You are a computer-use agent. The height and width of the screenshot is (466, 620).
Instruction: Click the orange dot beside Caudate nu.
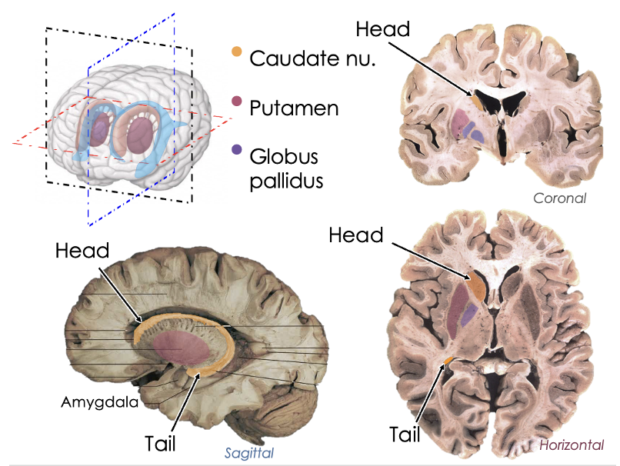[x=237, y=52]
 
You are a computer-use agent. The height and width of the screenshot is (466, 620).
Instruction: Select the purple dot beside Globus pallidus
[x=237, y=150]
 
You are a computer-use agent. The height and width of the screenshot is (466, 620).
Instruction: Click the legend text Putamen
[x=294, y=108]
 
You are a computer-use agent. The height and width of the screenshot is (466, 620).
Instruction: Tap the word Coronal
[x=560, y=198]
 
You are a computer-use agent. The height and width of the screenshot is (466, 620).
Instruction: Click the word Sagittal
[x=248, y=453]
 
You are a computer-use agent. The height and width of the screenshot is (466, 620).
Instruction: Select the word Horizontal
[x=571, y=445]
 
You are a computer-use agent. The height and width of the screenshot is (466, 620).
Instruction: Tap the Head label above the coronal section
[x=383, y=29]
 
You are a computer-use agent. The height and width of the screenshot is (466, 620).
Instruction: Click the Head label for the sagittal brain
[x=82, y=251]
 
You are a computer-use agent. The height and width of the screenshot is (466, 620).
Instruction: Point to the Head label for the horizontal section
[x=356, y=235]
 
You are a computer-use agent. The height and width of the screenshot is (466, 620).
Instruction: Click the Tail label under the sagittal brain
[x=160, y=444]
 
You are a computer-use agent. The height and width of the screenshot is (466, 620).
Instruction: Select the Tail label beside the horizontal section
[x=405, y=434]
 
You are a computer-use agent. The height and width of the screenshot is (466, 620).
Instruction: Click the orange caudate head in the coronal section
[x=477, y=98]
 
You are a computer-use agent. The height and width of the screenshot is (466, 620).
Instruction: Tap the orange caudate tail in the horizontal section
[x=447, y=360]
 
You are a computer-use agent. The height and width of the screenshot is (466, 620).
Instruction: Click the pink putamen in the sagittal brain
[x=181, y=350]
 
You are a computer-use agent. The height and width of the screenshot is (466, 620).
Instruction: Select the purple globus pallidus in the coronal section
[x=477, y=135]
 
